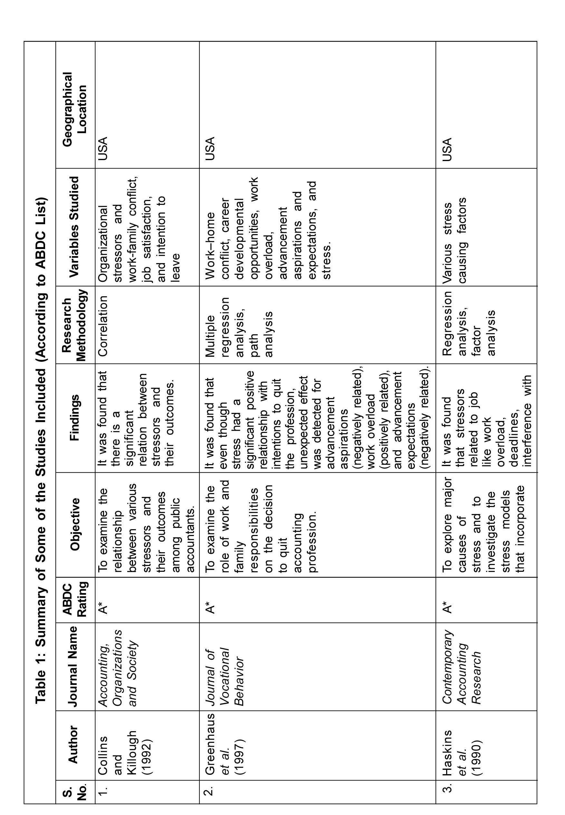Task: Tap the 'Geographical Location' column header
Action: [75, 109]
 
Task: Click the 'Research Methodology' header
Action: [74, 325]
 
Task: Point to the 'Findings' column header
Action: [74, 418]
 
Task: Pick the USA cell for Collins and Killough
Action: [103, 149]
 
